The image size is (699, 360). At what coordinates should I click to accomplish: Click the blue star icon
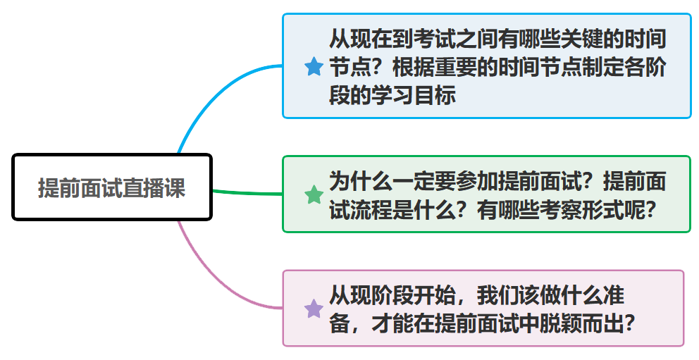pyautogui.click(x=314, y=67)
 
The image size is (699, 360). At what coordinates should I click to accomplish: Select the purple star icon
pyautogui.click(x=314, y=309)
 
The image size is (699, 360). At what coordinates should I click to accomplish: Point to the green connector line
pyautogui.click(x=247, y=192)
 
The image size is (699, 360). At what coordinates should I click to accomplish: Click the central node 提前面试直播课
pyautogui.click(x=112, y=187)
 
